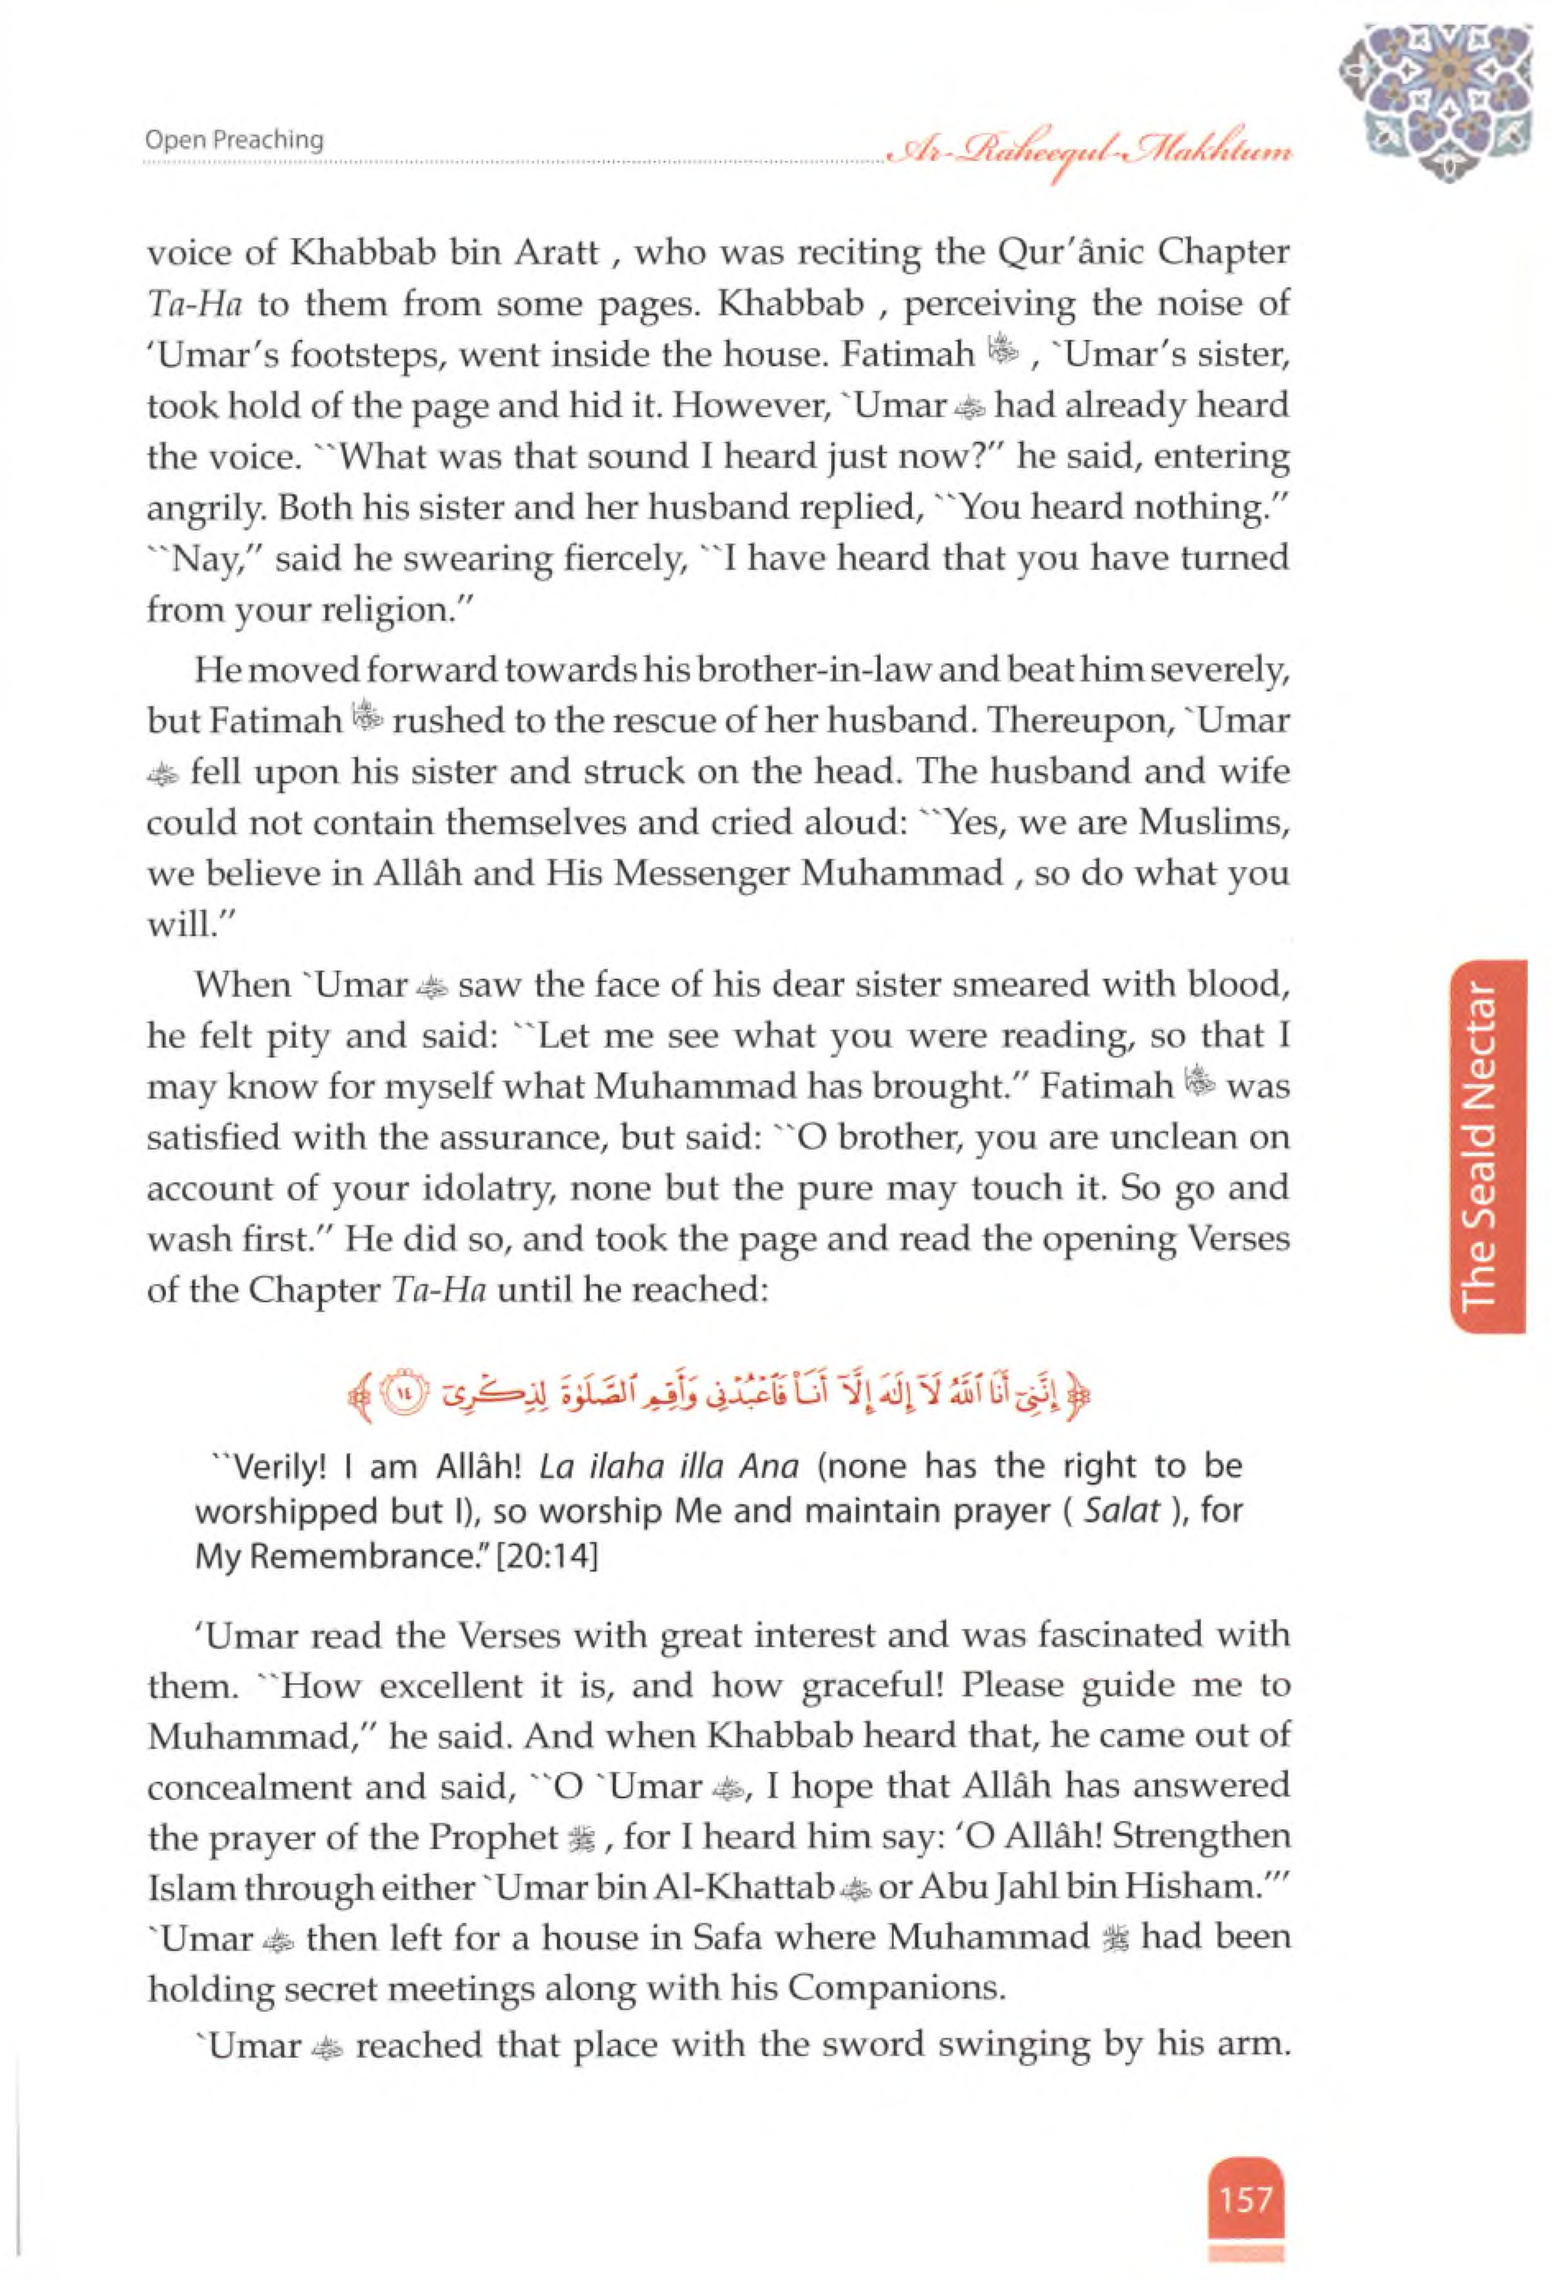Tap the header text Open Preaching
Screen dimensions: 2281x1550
[233, 140]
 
